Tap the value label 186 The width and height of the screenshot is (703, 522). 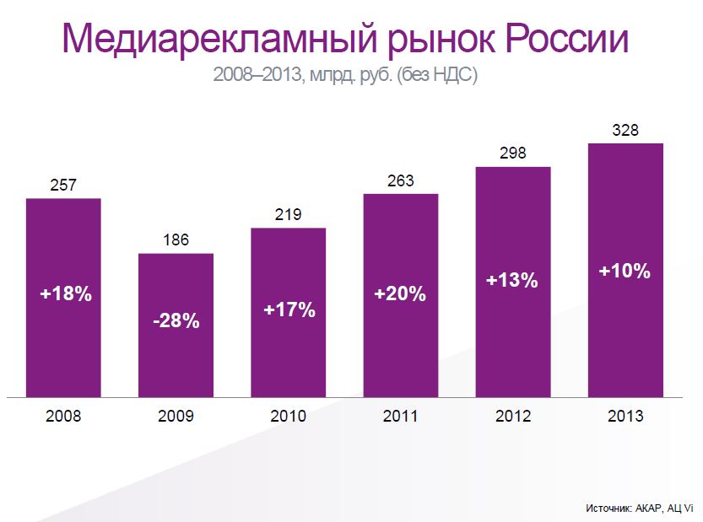[x=176, y=240]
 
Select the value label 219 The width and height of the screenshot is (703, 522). [x=288, y=214]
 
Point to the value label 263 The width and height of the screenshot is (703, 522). [x=401, y=180]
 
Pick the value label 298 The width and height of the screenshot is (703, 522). [x=513, y=153]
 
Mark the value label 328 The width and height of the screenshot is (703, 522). [x=625, y=130]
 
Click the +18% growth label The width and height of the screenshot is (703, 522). [x=65, y=294]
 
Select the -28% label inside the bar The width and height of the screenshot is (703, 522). [x=176, y=321]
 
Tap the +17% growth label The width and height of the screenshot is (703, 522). [x=289, y=309]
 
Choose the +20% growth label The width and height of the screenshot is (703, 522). [x=401, y=294]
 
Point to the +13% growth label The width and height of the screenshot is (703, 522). [x=512, y=281]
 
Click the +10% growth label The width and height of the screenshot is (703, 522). [x=625, y=272]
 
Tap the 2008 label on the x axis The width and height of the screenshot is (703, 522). [x=63, y=416]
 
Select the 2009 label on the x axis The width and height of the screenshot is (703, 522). [x=176, y=416]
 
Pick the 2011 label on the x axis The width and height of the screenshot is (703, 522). [x=401, y=416]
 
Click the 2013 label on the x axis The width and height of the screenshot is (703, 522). [x=625, y=416]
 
